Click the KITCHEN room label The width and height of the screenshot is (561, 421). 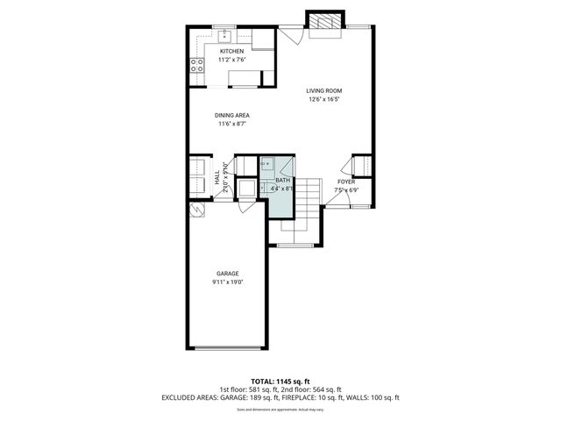pyautogui.click(x=232, y=52)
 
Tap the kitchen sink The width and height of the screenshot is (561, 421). pyautogui.click(x=224, y=36)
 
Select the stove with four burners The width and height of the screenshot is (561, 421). pyautogui.click(x=197, y=64)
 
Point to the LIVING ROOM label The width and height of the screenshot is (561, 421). pyautogui.click(x=323, y=90)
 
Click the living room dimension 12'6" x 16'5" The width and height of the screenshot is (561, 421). pyautogui.click(x=323, y=99)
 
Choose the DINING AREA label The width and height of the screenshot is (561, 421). pyautogui.click(x=231, y=115)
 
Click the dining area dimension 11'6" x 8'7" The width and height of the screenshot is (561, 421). pyautogui.click(x=231, y=124)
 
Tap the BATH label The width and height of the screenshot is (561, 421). pyautogui.click(x=282, y=180)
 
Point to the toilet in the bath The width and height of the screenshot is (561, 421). pyautogui.click(x=248, y=186)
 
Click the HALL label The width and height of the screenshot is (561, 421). pyautogui.click(x=217, y=176)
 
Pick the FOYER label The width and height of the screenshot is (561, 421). pyautogui.click(x=347, y=182)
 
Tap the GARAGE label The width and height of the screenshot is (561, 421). pyautogui.click(x=227, y=274)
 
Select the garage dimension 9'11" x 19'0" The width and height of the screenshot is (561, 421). pyautogui.click(x=227, y=282)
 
